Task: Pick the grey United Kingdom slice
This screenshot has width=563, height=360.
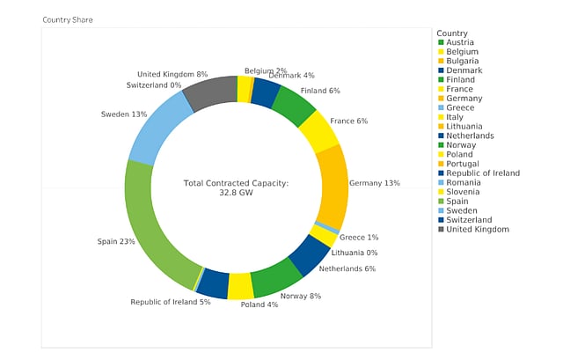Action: click(212, 92)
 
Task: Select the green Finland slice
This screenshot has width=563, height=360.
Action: click(293, 105)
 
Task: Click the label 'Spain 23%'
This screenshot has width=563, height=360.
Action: click(115, 240)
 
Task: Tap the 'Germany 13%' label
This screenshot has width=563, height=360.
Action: click(374, 183)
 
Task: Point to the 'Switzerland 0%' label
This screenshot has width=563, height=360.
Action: click(153, 85)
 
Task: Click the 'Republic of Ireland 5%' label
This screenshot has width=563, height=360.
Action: click(171, 302)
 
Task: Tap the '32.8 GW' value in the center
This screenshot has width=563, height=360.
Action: click(236, 192)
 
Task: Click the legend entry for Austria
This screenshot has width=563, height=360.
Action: click(459, 42)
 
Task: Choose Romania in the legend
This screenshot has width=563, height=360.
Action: click(464, 182)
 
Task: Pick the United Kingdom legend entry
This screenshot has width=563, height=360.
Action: click(477, 229)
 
